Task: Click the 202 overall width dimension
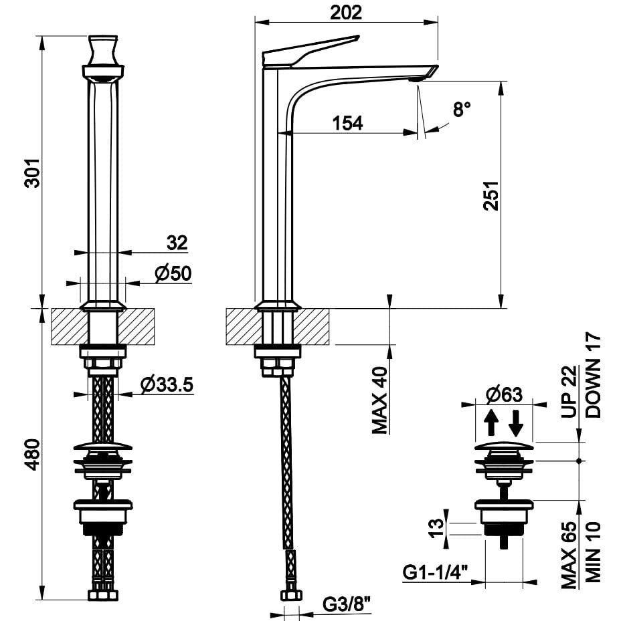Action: (346, 13)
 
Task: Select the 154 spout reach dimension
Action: (347, 123)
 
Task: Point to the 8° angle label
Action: (462, 108)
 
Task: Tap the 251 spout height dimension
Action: (491, 195)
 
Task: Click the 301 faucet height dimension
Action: (33, 172)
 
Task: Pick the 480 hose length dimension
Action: (33, 455)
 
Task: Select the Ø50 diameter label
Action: (173, 273)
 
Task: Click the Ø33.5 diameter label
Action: (167, 384)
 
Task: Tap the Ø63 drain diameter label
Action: (504, 394)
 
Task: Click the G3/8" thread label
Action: (346, 604)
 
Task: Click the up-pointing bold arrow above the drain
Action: (491, 422)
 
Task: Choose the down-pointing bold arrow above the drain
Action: (517, 423)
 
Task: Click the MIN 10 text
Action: (594, 552)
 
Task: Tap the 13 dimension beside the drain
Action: (436, 528)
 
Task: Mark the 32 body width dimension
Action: (177, 243)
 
